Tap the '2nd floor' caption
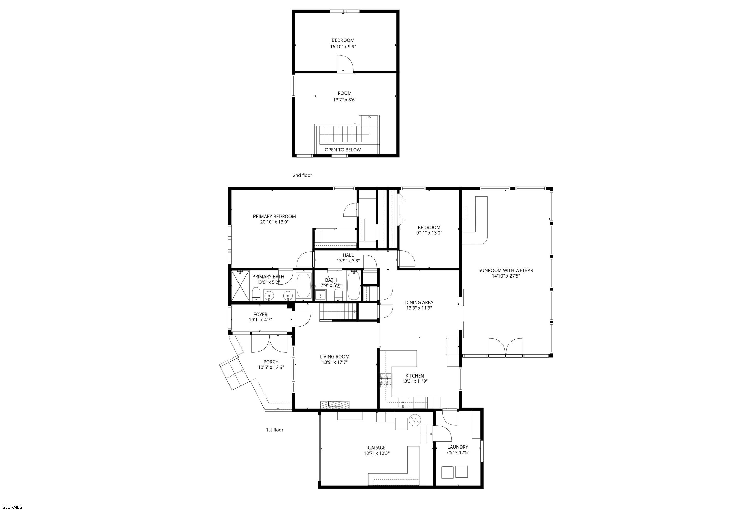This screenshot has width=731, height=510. coord(302,175)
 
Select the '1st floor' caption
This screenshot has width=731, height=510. coord(275,430)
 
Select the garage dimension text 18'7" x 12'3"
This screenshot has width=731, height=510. coord(377,453)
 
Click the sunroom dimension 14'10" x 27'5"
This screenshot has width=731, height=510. coord(506,276)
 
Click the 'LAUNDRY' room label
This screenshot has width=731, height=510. coord(457,447)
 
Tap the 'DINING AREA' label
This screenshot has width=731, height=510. coord(419,302)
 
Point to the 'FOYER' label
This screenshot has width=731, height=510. coord(260,314)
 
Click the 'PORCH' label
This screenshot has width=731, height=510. coord(271,362)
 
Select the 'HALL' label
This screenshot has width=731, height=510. coord(348,255)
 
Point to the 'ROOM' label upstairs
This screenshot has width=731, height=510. coord(345,93)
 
